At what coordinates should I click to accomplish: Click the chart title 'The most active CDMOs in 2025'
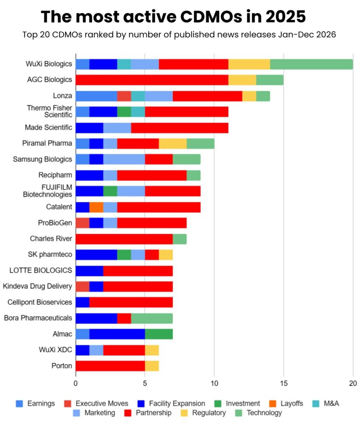(173, 16)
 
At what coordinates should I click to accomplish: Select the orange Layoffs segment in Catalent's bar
(96, 207)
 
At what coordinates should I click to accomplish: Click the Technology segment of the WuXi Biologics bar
(311, 64)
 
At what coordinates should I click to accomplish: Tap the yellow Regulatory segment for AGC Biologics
(242, 80)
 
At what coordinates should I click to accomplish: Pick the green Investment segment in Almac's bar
(159, 334)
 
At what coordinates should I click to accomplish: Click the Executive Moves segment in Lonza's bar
(124, 96)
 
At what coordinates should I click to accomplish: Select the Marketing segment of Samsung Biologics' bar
(124, 159)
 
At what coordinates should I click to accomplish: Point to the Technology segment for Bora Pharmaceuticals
(152, 318)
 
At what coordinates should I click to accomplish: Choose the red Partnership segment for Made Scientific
(180, 128)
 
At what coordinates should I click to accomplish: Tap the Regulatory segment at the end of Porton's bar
(152, 366)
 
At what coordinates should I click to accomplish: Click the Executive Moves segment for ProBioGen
(82, 223)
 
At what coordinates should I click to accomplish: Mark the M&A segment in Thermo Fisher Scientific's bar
(138, 112)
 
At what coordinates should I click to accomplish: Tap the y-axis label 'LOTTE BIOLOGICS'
(41, 270)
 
